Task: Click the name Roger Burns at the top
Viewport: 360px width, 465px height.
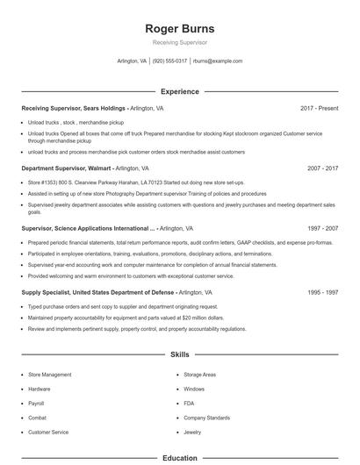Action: point(180,29)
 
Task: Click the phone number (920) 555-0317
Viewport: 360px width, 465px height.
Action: point(169,61)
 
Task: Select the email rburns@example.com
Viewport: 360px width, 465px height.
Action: point(218,61)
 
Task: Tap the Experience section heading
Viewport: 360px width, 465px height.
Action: point(180,91)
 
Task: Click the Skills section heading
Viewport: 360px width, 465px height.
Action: point(180,354)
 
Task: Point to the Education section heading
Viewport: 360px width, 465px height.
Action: point(180,457)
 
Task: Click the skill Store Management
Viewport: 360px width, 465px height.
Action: point(50,375)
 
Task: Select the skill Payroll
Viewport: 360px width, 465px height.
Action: point(37,404)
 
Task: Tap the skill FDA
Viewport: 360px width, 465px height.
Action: point(190,404)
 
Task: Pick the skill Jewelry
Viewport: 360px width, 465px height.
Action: point(192,432)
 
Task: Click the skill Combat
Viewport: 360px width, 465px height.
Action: point(38,418)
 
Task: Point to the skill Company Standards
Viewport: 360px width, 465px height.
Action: point(206,418)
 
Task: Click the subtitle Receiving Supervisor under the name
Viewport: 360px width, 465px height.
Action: point(180,43)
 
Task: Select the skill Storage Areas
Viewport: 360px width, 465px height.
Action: point(200,375)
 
